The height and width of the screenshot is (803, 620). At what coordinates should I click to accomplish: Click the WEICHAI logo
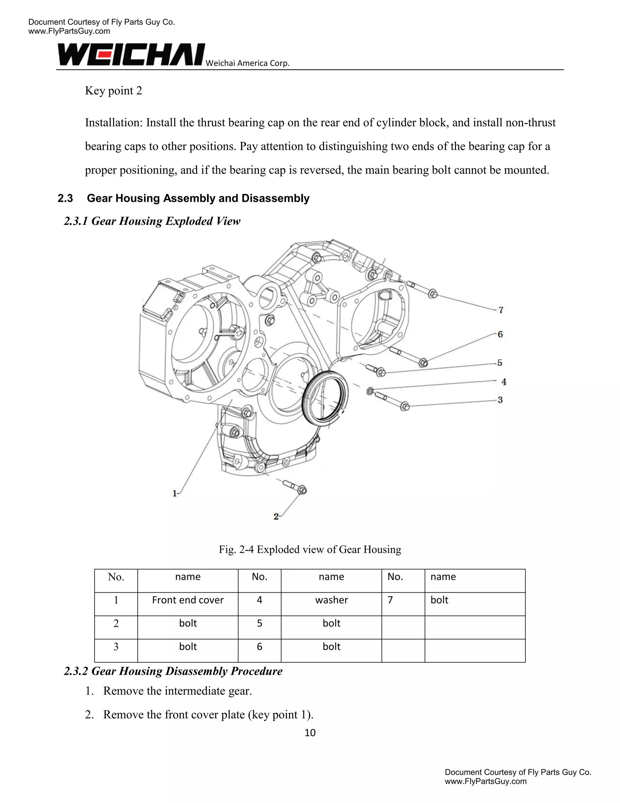131,55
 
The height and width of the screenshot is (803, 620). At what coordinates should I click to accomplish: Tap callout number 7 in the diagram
501,310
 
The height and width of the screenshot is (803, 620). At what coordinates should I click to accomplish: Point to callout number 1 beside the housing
175,493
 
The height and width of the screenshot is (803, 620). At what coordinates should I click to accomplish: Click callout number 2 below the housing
276,517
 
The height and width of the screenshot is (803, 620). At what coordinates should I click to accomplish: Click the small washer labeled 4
370,391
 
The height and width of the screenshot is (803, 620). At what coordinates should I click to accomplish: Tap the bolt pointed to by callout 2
295,486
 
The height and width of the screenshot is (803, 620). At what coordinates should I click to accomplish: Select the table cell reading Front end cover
188,600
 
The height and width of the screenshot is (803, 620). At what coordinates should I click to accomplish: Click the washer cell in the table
331,600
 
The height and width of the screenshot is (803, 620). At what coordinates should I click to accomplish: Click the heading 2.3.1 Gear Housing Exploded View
152,221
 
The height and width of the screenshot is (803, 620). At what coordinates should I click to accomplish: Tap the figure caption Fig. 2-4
310,549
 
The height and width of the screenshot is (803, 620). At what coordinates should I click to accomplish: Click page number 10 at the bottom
310,733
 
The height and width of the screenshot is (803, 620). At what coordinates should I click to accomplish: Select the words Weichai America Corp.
248,63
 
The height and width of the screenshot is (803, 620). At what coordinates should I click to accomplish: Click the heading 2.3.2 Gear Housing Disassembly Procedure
173,671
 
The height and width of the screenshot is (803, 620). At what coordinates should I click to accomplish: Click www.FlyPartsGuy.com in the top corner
69,31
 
